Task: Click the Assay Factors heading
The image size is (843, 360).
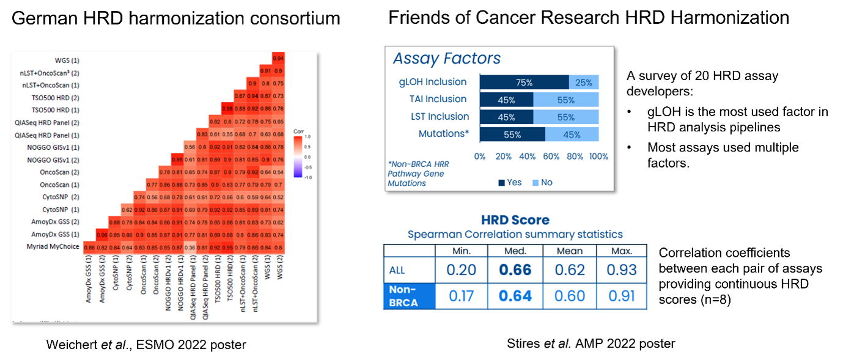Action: pyautogui.click(x=446, y=59)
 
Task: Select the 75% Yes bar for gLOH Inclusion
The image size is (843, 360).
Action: pyautogui.click(x=524, y=83)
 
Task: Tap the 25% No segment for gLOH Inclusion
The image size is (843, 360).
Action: pyautogui.click(x=584, y=83)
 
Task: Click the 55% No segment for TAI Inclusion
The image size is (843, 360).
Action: pyautogui.click(x=565, y=100)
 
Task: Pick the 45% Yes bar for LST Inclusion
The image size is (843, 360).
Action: pyautogui.click(x=506, y=117)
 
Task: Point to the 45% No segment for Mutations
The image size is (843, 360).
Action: pyautogui.click(x=572, y=134)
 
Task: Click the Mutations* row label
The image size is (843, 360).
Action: pyautogui.click(x=443, y=134)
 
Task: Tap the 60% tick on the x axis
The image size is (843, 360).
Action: pyautogui.click(x=551, y=156)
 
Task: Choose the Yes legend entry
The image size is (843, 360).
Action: pyautogui.click(x=510, y=182)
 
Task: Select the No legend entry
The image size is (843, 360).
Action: pyautogui.click(x=542, y=182)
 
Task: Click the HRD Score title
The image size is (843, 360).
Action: pyautogui.click(x=515, y=220)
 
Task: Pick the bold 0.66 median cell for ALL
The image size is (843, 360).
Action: pyautogui.click(x=515, y=270)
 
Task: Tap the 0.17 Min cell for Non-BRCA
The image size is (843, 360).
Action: pyautogui.click(x=462, y=296)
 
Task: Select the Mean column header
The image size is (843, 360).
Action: pyautogui.click(x=569, y=251)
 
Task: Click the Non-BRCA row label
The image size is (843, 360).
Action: pyautogui.click(x=409, y=296)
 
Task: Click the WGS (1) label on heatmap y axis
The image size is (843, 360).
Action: pyautogui.click(x=67, y=61)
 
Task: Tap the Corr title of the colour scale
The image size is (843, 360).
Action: pyautogui.click(x=298, y=131)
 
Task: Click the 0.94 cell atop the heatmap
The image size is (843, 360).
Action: pyautogui.click(x=278, y=58)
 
